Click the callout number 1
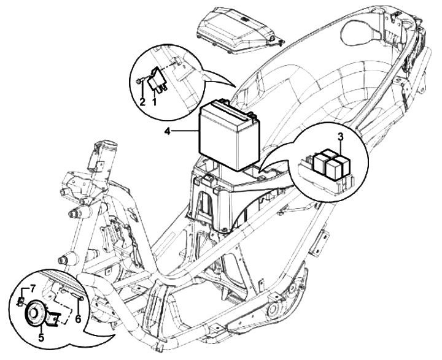tap(154, 102)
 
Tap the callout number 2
tap(142, 102)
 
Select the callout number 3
tap(339, 137)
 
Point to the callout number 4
tap(167, 130)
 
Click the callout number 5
tap(41, 337)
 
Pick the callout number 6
tap(78, 319)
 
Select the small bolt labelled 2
tap(139, 80)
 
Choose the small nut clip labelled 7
tap(20, 301)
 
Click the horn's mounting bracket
tap(55, 318)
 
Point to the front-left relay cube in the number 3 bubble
tap(320, 163)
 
